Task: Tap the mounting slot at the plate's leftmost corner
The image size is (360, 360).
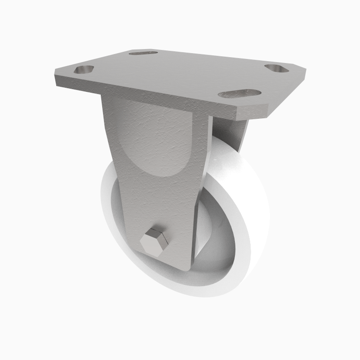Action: tap(84, 70)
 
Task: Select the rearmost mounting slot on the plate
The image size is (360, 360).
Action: tap(143, 53)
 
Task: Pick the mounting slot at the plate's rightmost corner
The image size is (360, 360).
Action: tap(279, 68)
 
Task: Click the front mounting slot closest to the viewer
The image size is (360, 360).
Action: tap(240, 93)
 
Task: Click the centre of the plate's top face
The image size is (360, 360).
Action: tap(180, 74)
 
